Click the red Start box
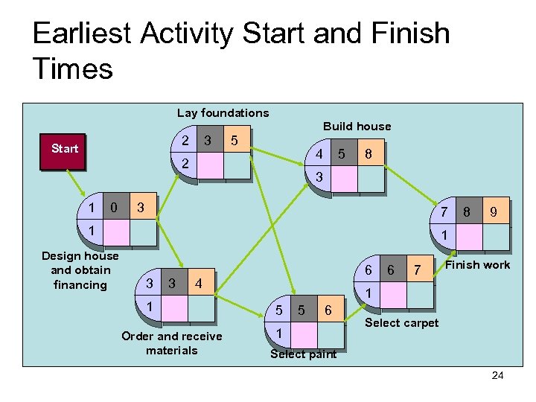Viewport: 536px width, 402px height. pos(64,149)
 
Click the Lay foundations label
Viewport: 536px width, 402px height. pos(223,113)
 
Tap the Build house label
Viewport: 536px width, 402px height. pos(357,126)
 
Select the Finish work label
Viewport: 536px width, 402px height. pos(477,265)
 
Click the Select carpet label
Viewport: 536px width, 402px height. pos(401,322)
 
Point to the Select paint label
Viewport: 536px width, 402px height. pos(303,354)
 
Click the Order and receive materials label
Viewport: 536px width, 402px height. pos(171,343)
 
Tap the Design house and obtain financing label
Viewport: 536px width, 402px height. pos(80,270)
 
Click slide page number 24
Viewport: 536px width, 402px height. pos(497,375)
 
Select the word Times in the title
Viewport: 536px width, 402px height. pos(72,69)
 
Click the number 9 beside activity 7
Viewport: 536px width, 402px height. pos(492,213)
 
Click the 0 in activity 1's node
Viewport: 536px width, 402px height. pos(113,206)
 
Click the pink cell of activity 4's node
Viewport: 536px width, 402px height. pos(344,179)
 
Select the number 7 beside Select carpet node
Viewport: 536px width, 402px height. pos(418,269)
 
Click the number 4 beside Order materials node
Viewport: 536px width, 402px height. pos(197,284)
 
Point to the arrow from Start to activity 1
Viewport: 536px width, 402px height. pos(77,182)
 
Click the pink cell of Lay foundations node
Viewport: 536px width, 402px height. pos(211,165)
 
